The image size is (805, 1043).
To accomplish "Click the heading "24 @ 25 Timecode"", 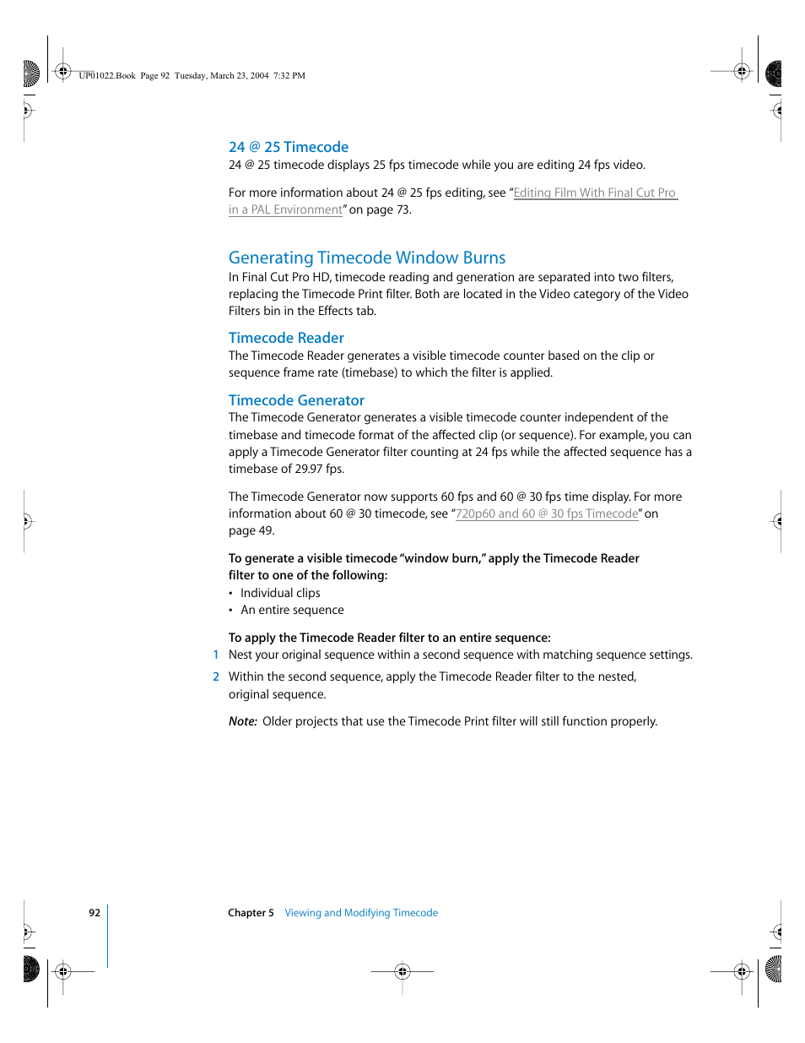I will point(288,147).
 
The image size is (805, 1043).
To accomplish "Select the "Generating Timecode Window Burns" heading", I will point(366,258).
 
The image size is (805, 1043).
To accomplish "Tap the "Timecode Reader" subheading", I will point(286,338).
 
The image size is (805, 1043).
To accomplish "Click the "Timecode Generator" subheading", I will point(296,400).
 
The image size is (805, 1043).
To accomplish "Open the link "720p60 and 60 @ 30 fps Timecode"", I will point(547,513).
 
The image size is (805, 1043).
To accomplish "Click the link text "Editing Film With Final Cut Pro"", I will point(595,193).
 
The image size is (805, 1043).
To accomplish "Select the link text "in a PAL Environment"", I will point(285,209).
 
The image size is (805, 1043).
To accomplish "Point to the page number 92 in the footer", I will point(95,913).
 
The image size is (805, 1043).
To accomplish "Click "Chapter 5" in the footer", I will point(251,913).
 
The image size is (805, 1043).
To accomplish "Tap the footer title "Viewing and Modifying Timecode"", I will point(361,913).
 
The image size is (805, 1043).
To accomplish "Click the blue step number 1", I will point(216,655).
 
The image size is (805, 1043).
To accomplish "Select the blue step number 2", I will point(216,676).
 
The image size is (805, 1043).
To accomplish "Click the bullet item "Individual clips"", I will point(280,593).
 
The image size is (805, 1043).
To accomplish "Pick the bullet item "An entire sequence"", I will point(292,610).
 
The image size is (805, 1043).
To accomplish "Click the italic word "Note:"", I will point(243,721).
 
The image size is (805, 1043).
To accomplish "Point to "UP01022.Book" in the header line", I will point(107,75).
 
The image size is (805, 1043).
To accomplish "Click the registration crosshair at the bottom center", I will point(402,971).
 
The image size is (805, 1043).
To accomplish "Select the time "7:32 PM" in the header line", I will point(289,75).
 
